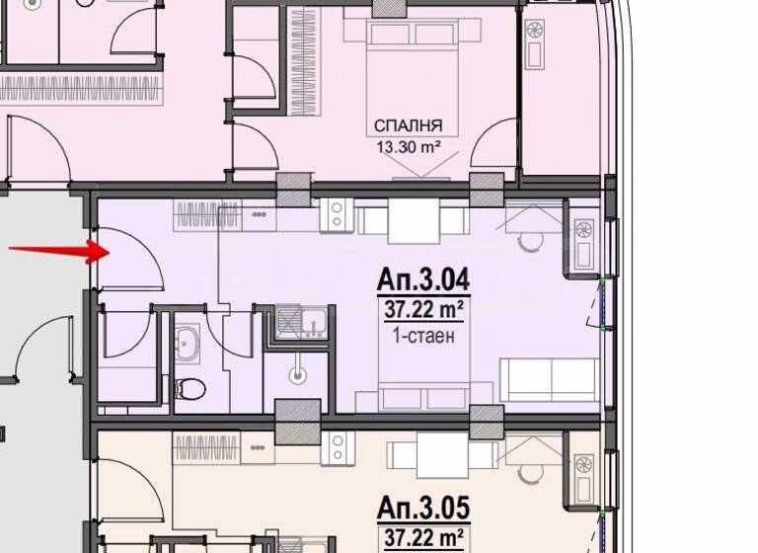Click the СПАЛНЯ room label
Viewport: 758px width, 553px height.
[x=407, y=125]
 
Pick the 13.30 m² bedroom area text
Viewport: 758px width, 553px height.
[x=407, y=148]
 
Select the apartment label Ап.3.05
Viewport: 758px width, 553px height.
[x=423, y=510]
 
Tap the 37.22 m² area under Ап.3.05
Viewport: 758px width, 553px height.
[x=423, y=539]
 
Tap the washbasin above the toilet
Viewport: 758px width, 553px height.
[x=187, y=342]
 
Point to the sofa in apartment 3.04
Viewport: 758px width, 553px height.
[x=549, y=380]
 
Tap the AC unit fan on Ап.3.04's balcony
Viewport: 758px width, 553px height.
[x=583, y=232]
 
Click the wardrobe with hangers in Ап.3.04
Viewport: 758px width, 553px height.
[x=206, y=215]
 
